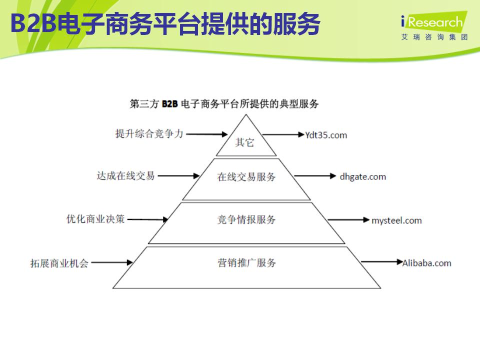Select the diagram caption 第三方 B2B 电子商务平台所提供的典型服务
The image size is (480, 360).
click(x=224, y=104)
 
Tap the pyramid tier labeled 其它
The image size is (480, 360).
click(x=245, y=142)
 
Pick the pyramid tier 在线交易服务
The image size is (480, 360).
click(x=246, y=177)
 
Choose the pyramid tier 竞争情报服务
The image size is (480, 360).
click(x=246, y=220)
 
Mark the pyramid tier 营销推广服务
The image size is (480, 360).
click(x=246, y=263)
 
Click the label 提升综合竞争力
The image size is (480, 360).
click(x=149, y=133)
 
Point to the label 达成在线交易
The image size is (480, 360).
click(x=125, y=175)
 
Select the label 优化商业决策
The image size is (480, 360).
click(x=95, y=218)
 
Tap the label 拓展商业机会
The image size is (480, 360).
click(x=59, y=263)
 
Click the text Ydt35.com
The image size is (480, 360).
click(x=325, y=135)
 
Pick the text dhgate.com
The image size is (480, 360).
click(x=362, y=176)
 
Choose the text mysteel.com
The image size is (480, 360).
click(x=396, y=220)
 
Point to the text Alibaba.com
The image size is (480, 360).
click(x=426, y=263)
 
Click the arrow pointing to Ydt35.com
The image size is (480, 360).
click(x=283, y=134)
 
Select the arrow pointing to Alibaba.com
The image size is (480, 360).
click(x=381, y=261)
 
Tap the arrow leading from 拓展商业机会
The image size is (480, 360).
click(x=112, y=262)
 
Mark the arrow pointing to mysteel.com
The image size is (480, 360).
click(x=349, y=220)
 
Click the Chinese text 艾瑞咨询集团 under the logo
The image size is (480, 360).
click(x=434, y=37)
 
